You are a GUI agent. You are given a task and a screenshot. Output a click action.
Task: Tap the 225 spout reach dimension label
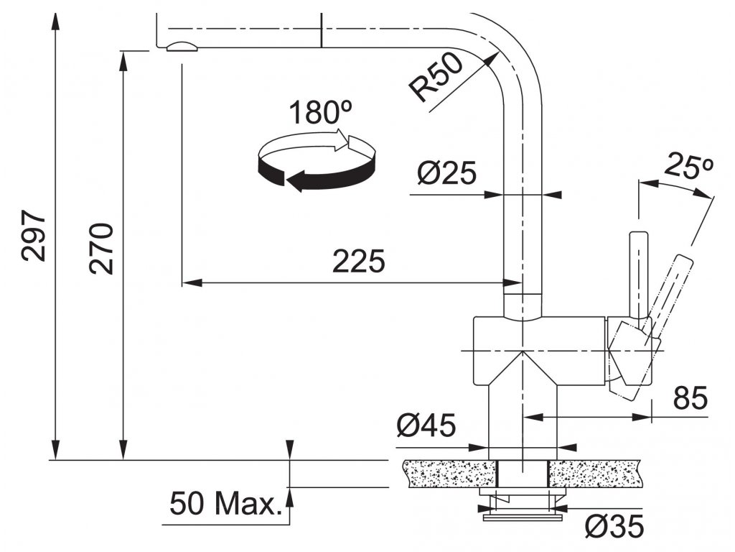358,262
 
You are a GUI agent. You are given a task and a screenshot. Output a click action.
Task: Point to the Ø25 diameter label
446,173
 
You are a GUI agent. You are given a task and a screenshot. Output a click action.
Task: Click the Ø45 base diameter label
426,426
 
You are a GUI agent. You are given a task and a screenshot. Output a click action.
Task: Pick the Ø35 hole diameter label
614,527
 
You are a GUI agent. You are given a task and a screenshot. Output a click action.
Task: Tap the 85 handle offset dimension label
690,397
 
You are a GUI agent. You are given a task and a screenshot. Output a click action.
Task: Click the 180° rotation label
320,113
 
